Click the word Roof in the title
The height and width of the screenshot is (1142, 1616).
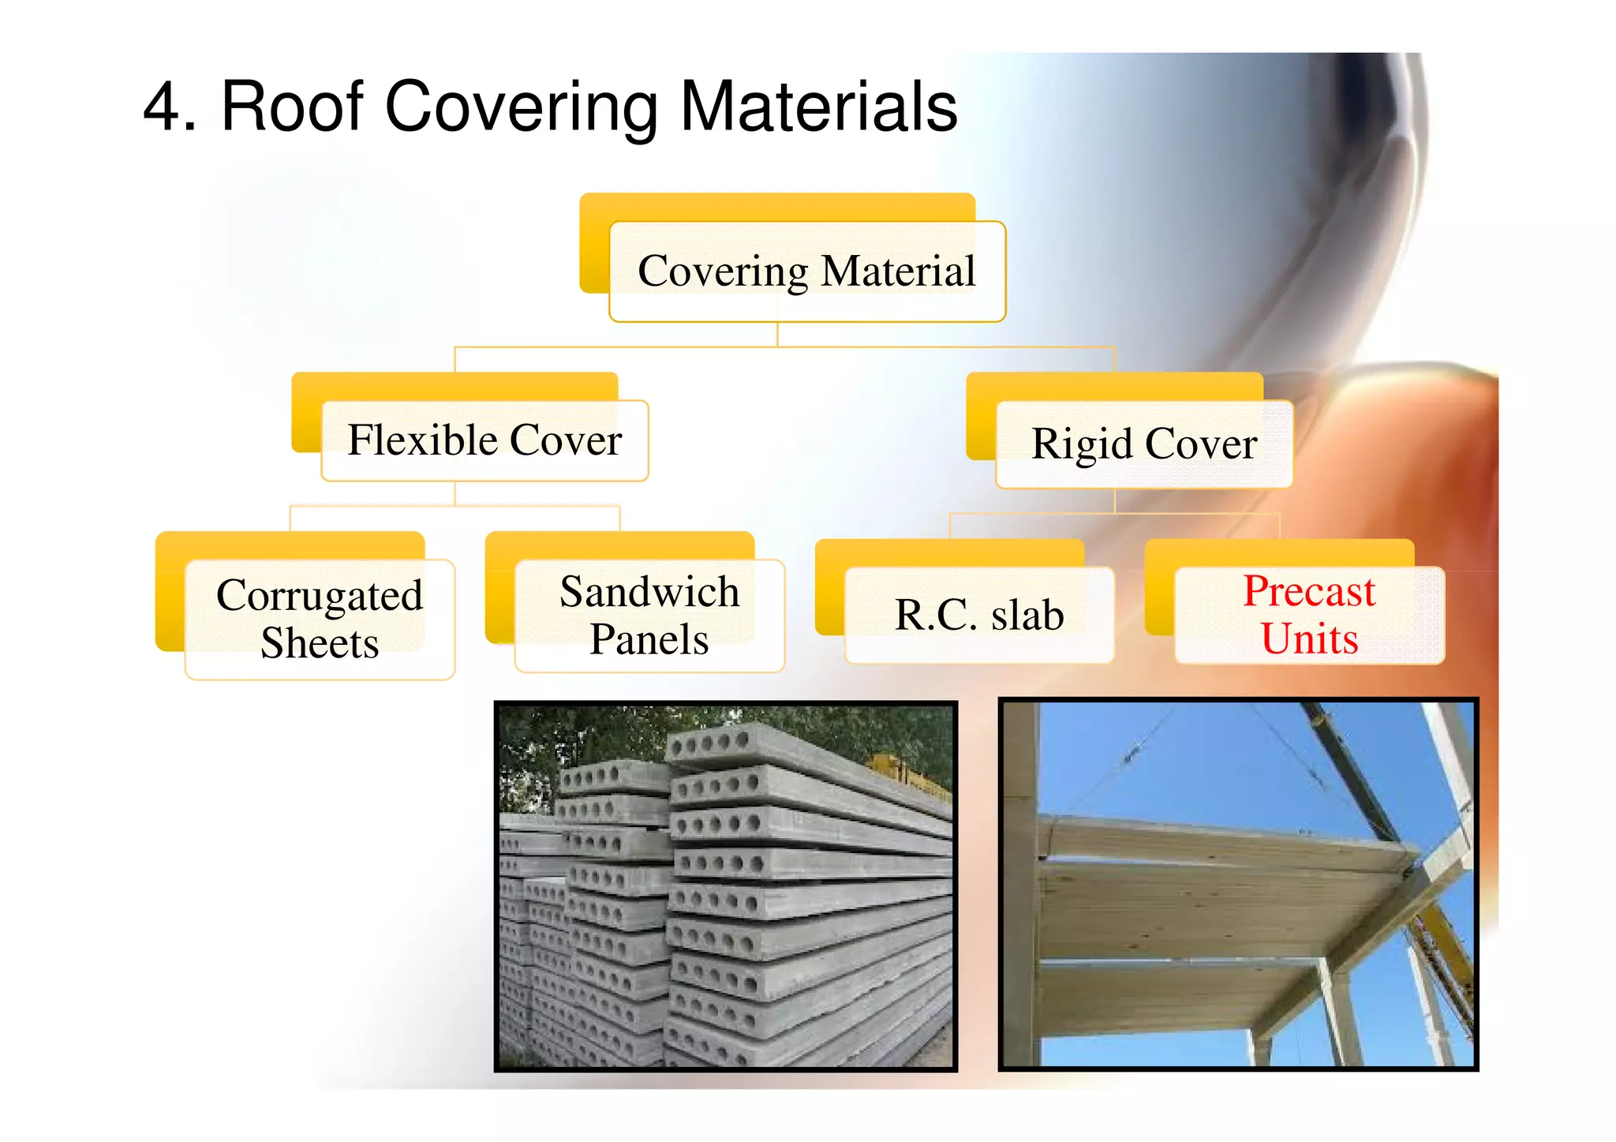[x=292, y=107]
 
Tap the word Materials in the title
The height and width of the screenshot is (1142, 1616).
[x=818, y=107]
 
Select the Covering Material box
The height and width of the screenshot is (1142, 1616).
[x=806, y=271]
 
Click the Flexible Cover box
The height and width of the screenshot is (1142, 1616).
[x=484, y=440]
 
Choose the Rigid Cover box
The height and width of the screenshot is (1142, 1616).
[x=1144, y=444]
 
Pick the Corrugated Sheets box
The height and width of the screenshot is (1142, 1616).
[x=320, y=619]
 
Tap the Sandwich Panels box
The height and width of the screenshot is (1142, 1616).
[x=649, y=616]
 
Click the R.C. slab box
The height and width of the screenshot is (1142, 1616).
[x=979, y=616]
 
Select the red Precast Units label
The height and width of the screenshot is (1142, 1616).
[x=1309, y=616]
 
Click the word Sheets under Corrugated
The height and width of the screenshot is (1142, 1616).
[x=320, y=642]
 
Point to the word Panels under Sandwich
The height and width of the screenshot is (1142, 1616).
[x=649, y=639]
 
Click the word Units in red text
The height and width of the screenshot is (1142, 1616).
[x=1309, y=639]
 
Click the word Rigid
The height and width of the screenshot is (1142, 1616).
[x=1082, y=444]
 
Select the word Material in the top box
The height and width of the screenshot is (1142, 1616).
[x=897, y=271]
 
